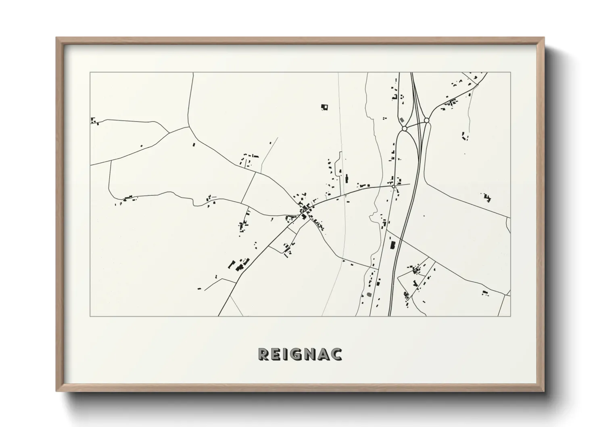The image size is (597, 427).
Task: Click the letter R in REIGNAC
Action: [263, 354]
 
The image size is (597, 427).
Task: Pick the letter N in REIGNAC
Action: [309, 354]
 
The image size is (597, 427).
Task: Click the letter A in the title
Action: [323, 354]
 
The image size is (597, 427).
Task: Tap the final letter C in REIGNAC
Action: [336, 354]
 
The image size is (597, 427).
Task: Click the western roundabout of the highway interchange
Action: [404, 129]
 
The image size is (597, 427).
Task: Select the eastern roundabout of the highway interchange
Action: [426, 120]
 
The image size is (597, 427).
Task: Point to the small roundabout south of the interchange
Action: [394, 186]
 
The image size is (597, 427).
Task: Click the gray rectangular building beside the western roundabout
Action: [402, 120]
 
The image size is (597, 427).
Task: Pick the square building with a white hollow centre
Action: [324, 107]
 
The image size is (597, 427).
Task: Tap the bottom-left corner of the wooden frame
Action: [56, 391]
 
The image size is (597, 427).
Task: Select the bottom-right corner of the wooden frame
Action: [544, 391]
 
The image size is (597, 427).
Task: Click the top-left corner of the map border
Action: [90, 73]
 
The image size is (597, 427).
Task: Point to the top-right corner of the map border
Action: [511, 73]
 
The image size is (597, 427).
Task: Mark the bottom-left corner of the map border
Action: [90, 316]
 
